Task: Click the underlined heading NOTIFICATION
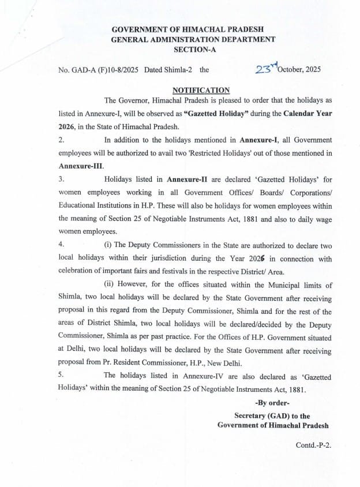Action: click(201, 90)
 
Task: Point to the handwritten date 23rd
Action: click(267, 69)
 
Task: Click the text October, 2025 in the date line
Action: click(301, 70)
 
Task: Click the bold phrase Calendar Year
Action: click(307, 113)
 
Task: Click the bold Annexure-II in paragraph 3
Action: click(178, 179)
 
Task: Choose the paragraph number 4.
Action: click(61, 245)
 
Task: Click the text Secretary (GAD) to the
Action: click(272, 415)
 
